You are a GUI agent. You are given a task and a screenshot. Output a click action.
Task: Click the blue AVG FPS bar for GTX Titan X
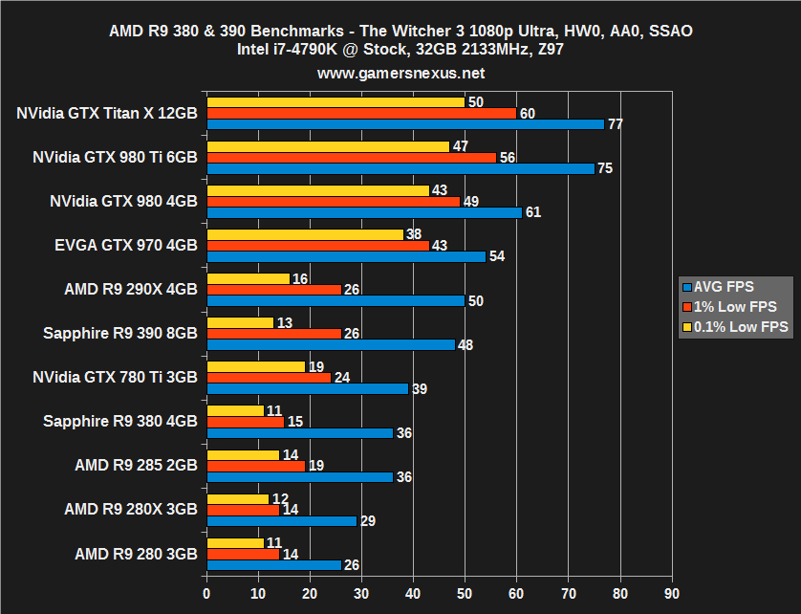pyautogui.click(x=404, y=124)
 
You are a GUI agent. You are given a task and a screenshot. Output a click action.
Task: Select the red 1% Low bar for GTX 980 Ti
pyautogui.click(x=351, y=157)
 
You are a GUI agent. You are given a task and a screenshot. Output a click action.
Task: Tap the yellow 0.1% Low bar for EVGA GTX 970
pyautogui.click(x=304, y=234)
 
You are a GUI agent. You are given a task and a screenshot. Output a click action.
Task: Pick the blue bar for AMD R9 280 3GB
pyautogui.click(x=273, y=565)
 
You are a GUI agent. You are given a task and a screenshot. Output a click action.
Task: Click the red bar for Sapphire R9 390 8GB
pyautogui.click(x=273, y=334)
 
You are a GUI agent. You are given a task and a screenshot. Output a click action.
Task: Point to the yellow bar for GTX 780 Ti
pyautogui.click(x=255, y=366)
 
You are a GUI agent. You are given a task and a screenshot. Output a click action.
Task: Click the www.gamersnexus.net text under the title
pyautogui.click(x=400, y=73)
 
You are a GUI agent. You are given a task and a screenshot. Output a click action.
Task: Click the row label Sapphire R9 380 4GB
pyautogui.click(x=120, y=421)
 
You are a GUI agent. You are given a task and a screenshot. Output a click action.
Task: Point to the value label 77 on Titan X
pyautogui.click(x=616, y=124)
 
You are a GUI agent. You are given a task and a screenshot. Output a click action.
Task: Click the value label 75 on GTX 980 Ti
pyautogui.click(x=605, y=168)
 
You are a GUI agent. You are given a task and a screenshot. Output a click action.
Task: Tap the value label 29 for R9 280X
pyautogui.click(x=367, y=521)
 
